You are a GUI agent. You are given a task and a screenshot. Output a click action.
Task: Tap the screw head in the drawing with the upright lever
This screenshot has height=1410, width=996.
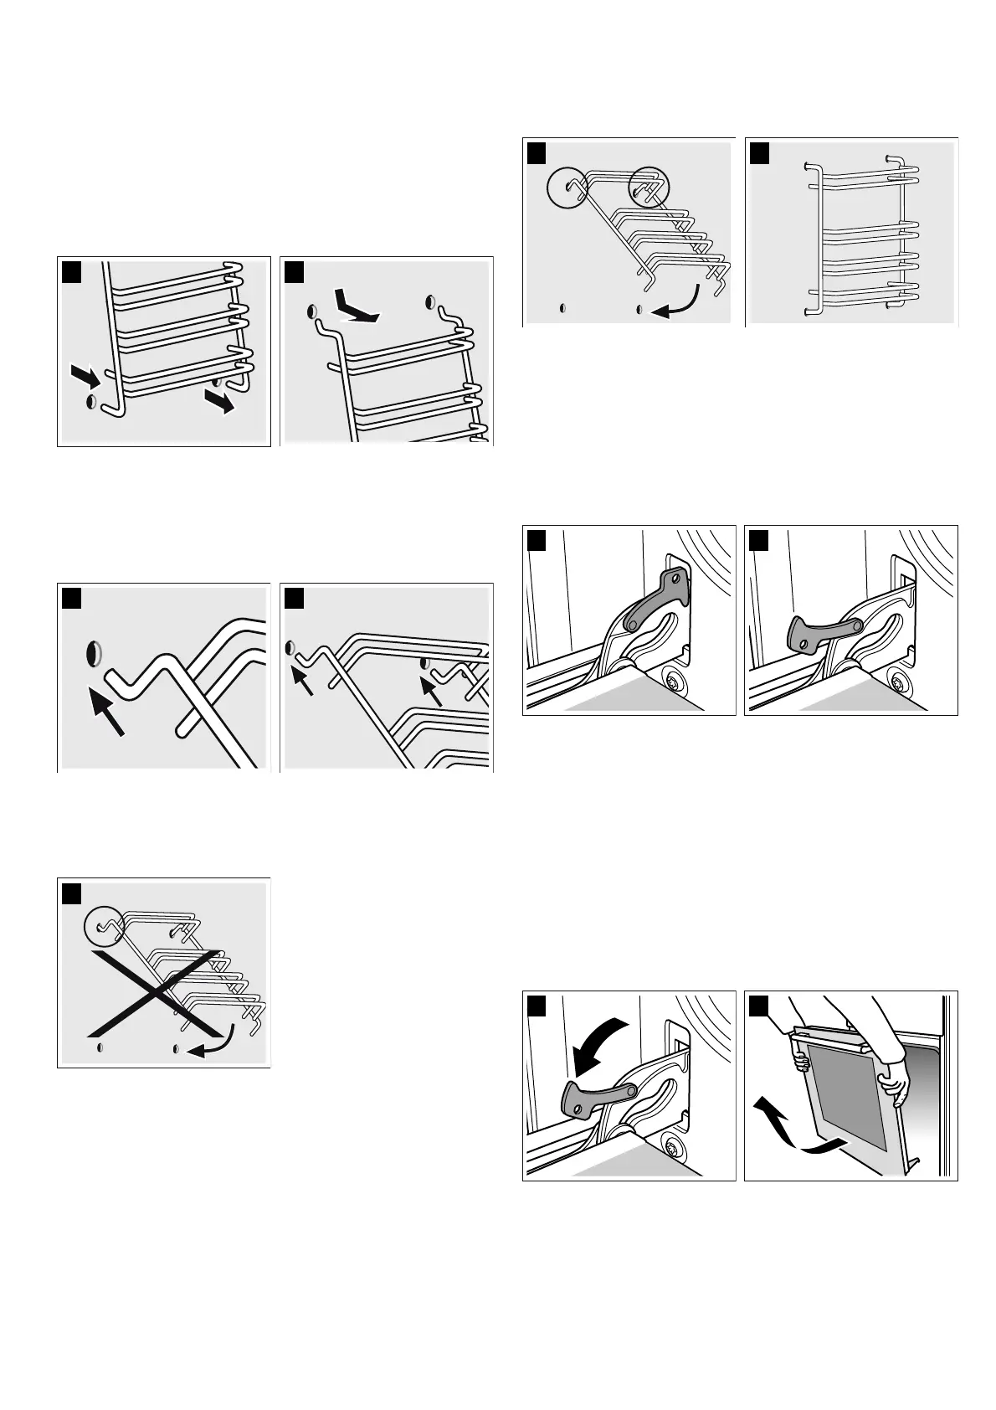tap(673, 679)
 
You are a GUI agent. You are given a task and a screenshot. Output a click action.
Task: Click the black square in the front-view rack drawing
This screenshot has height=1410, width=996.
tap(759, 153)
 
